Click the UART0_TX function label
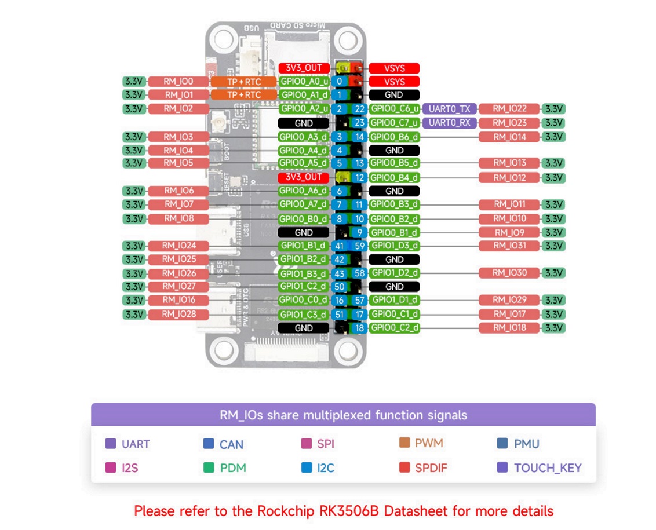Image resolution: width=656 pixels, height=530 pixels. coord(450,108)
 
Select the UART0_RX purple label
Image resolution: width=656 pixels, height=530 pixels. coord(450,122)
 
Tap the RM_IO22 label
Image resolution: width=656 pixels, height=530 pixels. coord(509,108)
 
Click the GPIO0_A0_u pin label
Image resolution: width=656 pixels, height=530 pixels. coord(304,82)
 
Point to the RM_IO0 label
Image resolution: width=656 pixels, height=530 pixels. coord(178,82)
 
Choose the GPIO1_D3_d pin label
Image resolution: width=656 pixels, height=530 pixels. coord(394,246)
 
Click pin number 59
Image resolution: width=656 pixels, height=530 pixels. coord(359,246)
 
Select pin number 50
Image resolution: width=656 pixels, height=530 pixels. coord(340,287)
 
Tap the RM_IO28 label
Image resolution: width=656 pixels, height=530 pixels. coord(178,315)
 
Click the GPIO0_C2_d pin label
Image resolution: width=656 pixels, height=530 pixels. coord(394,328)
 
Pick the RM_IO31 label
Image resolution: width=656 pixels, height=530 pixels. coord(509,246)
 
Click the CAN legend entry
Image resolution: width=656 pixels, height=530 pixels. coord(231,445)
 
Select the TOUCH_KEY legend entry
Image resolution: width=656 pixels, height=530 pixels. coord(547,468)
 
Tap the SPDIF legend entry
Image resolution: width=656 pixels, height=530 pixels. coord(431,468)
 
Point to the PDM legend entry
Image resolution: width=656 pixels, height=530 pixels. coord(232,468)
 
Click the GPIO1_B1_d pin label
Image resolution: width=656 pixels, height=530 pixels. coord(304,246)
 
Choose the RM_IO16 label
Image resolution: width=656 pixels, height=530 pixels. coord(178,300)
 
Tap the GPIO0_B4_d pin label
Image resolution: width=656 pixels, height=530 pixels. coord(394,177)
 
